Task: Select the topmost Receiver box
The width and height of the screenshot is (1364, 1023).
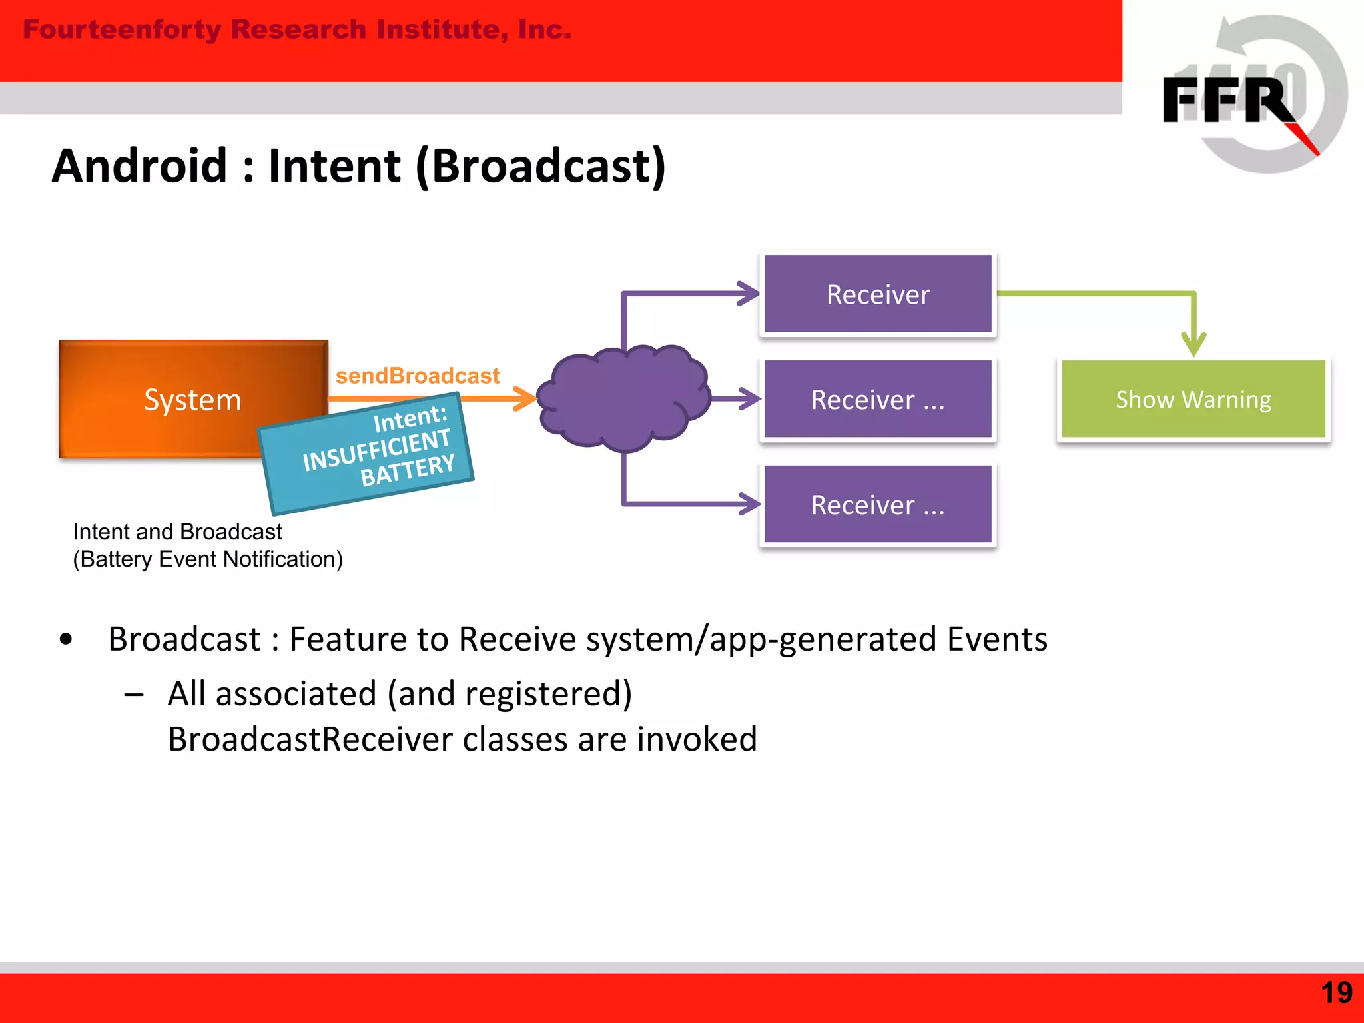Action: (878, 294)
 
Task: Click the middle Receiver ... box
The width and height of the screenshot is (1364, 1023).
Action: (878, 399)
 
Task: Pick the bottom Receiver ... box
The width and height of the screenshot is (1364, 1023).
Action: (878, 504)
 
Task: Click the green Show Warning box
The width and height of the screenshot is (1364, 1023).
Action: (1193, 399)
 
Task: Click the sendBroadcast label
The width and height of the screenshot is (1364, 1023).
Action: (417, 376)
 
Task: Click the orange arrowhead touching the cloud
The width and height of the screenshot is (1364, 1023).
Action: (526, 398)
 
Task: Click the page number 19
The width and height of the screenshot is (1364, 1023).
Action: (1336, 993)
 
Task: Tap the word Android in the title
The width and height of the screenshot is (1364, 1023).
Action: (140, 166)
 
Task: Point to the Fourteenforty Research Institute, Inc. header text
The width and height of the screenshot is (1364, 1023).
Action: (297, 29)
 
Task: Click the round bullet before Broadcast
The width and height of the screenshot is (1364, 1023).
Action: (65, 639)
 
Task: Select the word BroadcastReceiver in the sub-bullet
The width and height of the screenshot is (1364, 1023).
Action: (310, 739)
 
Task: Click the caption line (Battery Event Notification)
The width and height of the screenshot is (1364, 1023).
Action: (208, 559)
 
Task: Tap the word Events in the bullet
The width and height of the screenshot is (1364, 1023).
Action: (997, 639)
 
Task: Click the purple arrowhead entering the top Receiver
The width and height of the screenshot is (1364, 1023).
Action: (749, 293)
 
